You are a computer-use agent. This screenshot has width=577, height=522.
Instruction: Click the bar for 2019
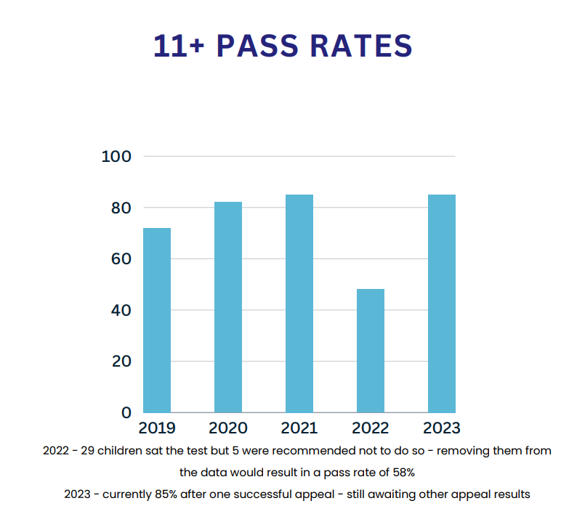[x=157, y=320]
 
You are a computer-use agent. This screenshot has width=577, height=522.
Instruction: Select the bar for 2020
[x=228, y=307]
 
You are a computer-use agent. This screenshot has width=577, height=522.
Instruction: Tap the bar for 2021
[x=299, y=303]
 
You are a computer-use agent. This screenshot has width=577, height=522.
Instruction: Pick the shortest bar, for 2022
[x=371, y=351]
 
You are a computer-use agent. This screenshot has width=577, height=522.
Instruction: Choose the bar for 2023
[x=442, y=303]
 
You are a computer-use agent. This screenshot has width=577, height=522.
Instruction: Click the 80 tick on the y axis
[x=116, y=208]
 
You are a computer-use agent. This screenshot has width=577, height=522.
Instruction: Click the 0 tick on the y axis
[x=125, y=412]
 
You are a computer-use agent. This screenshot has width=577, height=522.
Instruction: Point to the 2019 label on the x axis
[x=157, y=428]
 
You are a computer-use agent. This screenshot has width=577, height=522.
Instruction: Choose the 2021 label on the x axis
[x=299, y=428]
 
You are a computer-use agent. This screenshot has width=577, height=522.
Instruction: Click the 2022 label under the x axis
[x=370, y=428]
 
